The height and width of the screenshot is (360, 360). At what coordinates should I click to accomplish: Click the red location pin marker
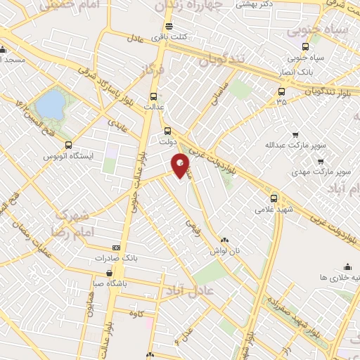click(181, 166)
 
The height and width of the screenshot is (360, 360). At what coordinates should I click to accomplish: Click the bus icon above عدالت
click(153, 97)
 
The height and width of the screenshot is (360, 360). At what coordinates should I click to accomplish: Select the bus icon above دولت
click(167, 130)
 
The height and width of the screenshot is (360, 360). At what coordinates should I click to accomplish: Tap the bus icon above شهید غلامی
click(274, 198)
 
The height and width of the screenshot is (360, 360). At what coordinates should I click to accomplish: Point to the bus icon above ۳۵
click(281, 91)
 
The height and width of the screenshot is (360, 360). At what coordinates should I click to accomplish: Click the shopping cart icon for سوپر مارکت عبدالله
click(295, 135)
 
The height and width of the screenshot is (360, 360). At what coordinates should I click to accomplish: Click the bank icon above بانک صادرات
click(116, 247)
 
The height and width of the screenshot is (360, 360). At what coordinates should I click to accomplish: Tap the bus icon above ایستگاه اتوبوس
click(68, 143)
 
